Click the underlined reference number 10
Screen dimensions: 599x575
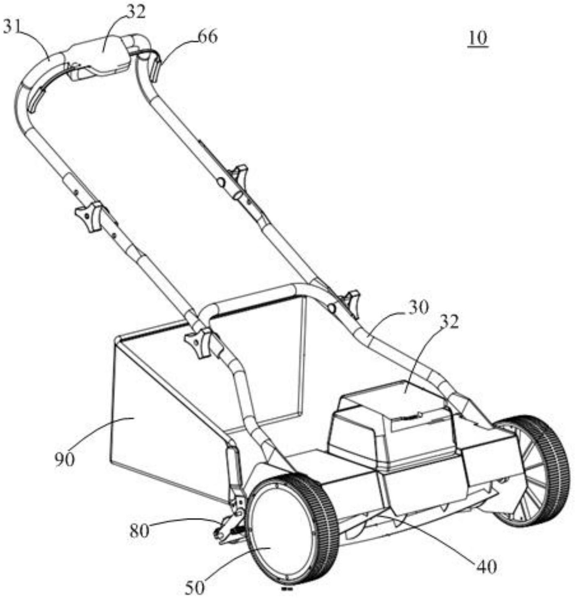[478, 38]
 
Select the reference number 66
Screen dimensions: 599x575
[208, 37]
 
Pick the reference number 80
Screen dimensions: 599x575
[139, 531]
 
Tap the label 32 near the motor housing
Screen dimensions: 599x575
[449, 322]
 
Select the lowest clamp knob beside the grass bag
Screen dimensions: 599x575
[198, 342]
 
